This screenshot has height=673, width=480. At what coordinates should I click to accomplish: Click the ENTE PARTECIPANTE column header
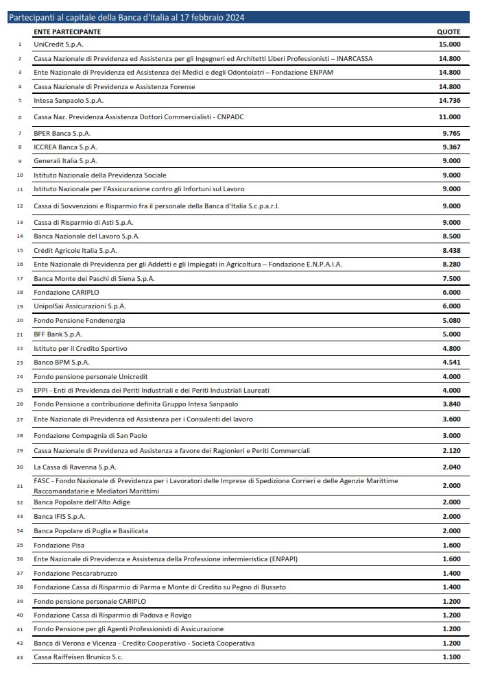click(67, 32)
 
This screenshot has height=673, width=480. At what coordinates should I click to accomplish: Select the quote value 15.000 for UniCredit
click(451, 45)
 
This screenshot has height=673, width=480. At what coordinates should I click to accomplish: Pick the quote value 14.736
click(451, 101)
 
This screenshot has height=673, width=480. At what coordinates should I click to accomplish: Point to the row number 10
click(19, 175)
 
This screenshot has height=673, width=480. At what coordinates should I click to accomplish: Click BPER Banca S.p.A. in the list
click(62, 133)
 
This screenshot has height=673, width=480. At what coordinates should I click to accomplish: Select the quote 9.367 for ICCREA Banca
click(451, 147)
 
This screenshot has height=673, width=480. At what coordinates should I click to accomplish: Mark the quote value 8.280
click(451, 265)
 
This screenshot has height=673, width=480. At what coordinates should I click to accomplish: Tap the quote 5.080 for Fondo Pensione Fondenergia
click(451, 321)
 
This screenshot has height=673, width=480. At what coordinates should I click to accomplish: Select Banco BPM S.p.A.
click(62, 363)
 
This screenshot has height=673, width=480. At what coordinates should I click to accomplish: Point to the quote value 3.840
click(451, 404)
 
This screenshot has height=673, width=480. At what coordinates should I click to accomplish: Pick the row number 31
click(19, 486)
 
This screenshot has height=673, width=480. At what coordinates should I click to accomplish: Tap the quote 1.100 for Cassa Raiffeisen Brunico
click(451, 657)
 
